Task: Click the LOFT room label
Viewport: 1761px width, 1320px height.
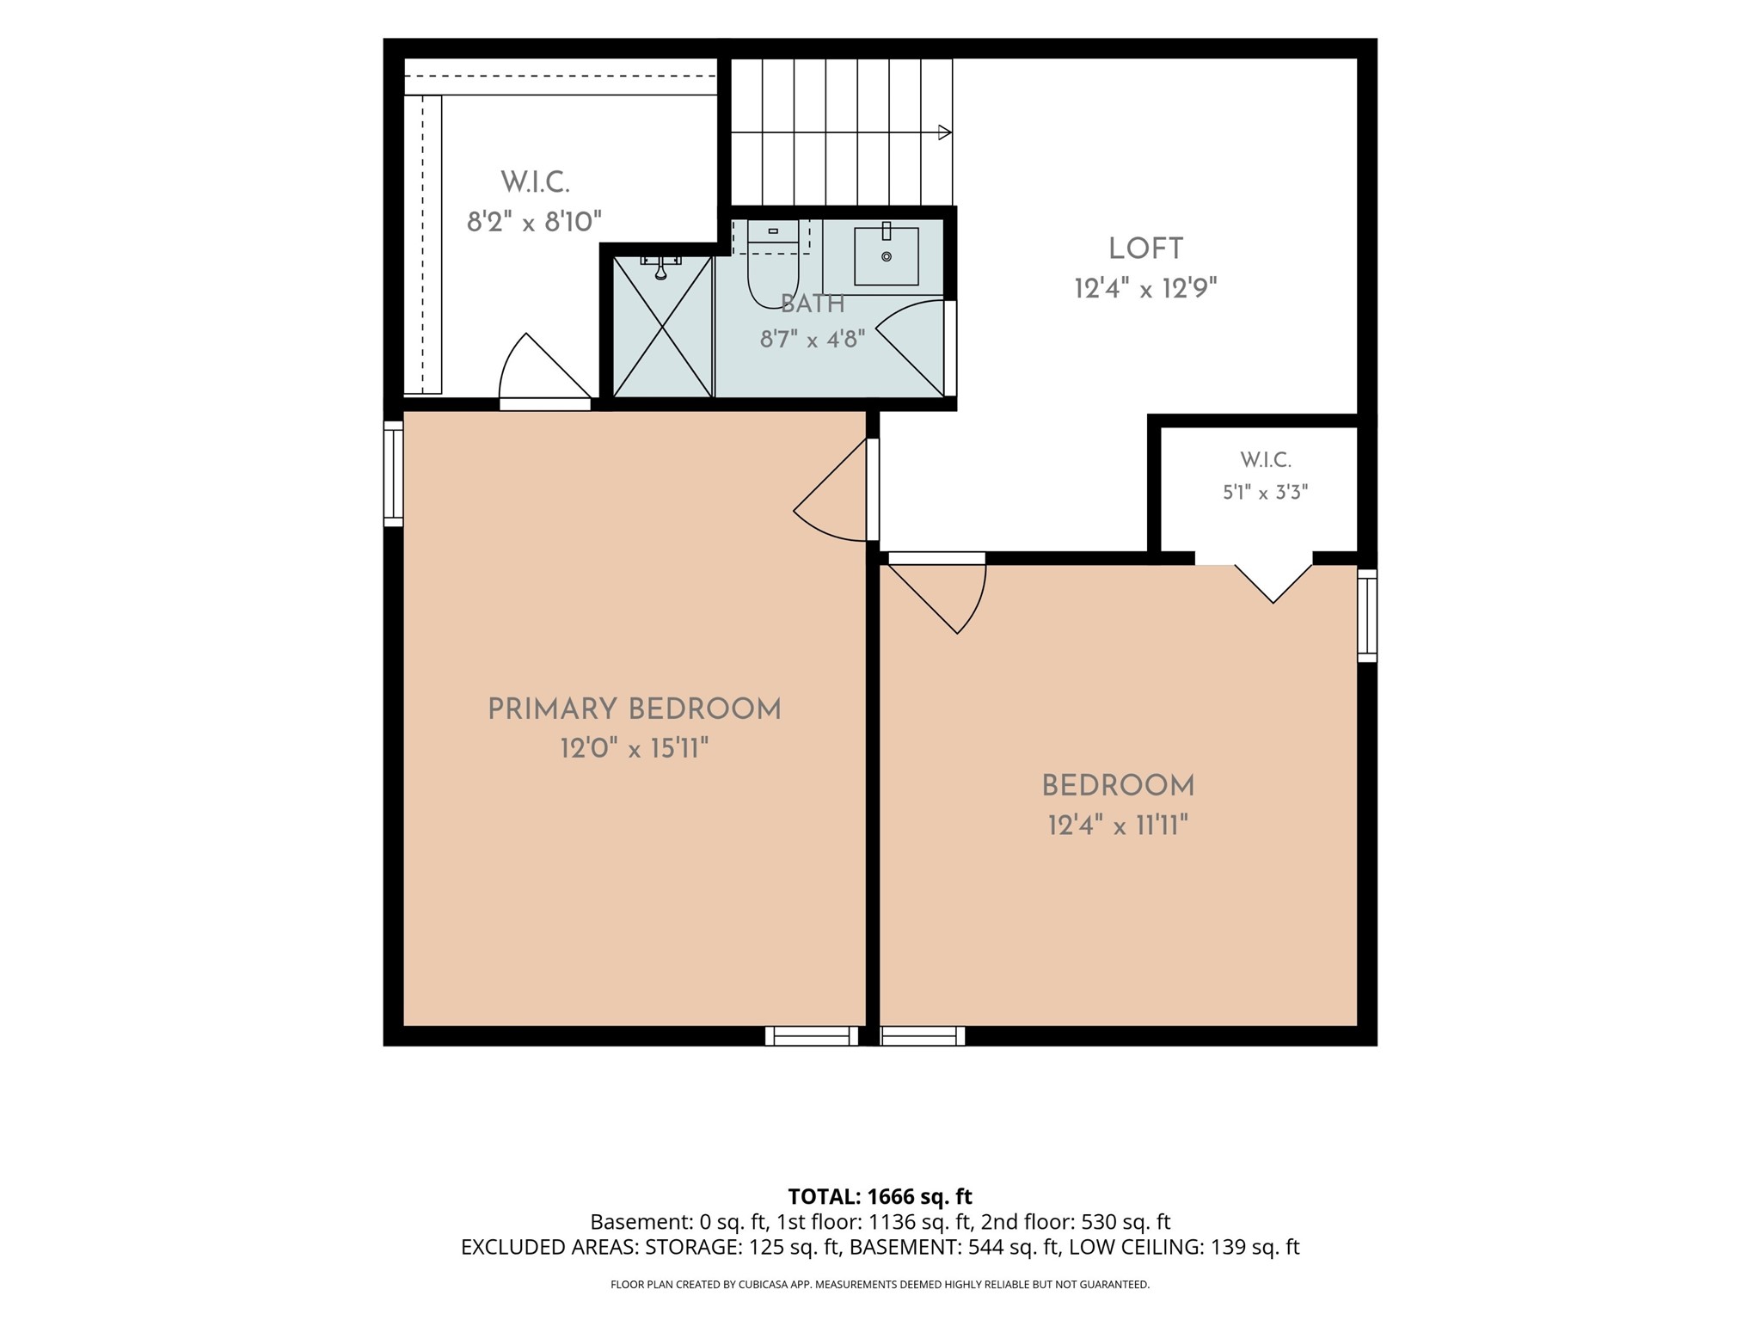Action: [x=1145, y=249]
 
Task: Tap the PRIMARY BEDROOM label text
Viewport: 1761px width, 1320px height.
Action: [x=635, y=709]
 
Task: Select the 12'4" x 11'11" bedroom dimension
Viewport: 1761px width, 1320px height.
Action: [x=1118, y=826]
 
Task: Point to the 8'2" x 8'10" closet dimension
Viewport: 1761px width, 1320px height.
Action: [x=534, y=222]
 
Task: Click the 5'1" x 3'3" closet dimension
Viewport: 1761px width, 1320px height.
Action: [x=1266, y=492]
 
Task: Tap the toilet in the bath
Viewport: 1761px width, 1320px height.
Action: [x=773, y=263]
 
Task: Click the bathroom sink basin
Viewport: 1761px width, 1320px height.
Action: [x=887, y=255]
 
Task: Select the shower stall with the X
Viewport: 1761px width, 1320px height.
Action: [x=662, y=327]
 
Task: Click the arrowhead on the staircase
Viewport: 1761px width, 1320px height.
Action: [x=944, y=132]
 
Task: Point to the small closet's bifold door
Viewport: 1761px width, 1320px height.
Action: [x=1273, y=583]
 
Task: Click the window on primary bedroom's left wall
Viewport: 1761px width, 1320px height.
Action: [x=393, y=474]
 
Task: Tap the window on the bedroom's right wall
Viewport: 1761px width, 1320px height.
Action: [x=1367, y=616]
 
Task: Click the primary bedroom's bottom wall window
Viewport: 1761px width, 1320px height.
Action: [x=812, y=1035]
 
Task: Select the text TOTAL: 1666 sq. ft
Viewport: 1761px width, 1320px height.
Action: [x=880, y=1196]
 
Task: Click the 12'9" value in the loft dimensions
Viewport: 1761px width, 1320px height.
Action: [x=1189, y=288]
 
